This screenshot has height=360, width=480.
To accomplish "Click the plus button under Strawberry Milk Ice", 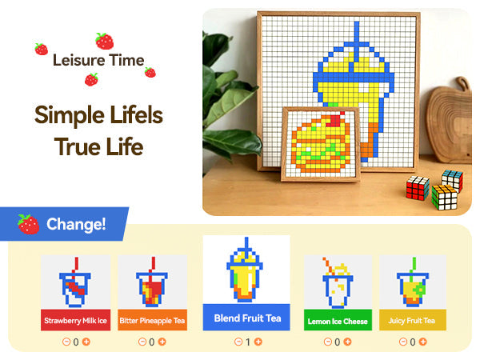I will point(86,342).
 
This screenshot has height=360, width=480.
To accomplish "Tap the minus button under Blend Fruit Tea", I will point(238,342).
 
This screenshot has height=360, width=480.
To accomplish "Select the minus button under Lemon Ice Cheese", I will point(326,342).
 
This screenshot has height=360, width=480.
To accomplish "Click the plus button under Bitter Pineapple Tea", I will point(162,342).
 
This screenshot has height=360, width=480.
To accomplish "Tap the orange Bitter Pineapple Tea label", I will point(152,321).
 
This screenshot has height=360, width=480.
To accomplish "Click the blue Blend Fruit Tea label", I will point(246,318).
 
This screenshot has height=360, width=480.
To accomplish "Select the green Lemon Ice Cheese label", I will point(338,322).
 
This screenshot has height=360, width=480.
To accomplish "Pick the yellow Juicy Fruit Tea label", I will point(413,321).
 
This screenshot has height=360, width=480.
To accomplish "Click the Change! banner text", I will point(76,224).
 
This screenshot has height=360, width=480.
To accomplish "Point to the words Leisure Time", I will point(98,60).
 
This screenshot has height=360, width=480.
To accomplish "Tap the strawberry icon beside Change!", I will point(29,224).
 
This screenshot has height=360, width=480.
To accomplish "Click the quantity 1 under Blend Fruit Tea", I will point(248,342).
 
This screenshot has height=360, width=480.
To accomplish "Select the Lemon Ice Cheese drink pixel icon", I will point(337,282).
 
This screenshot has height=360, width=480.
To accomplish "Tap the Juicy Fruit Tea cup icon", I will point(413,282).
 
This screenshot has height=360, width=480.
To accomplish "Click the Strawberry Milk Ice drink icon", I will point(74,282).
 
